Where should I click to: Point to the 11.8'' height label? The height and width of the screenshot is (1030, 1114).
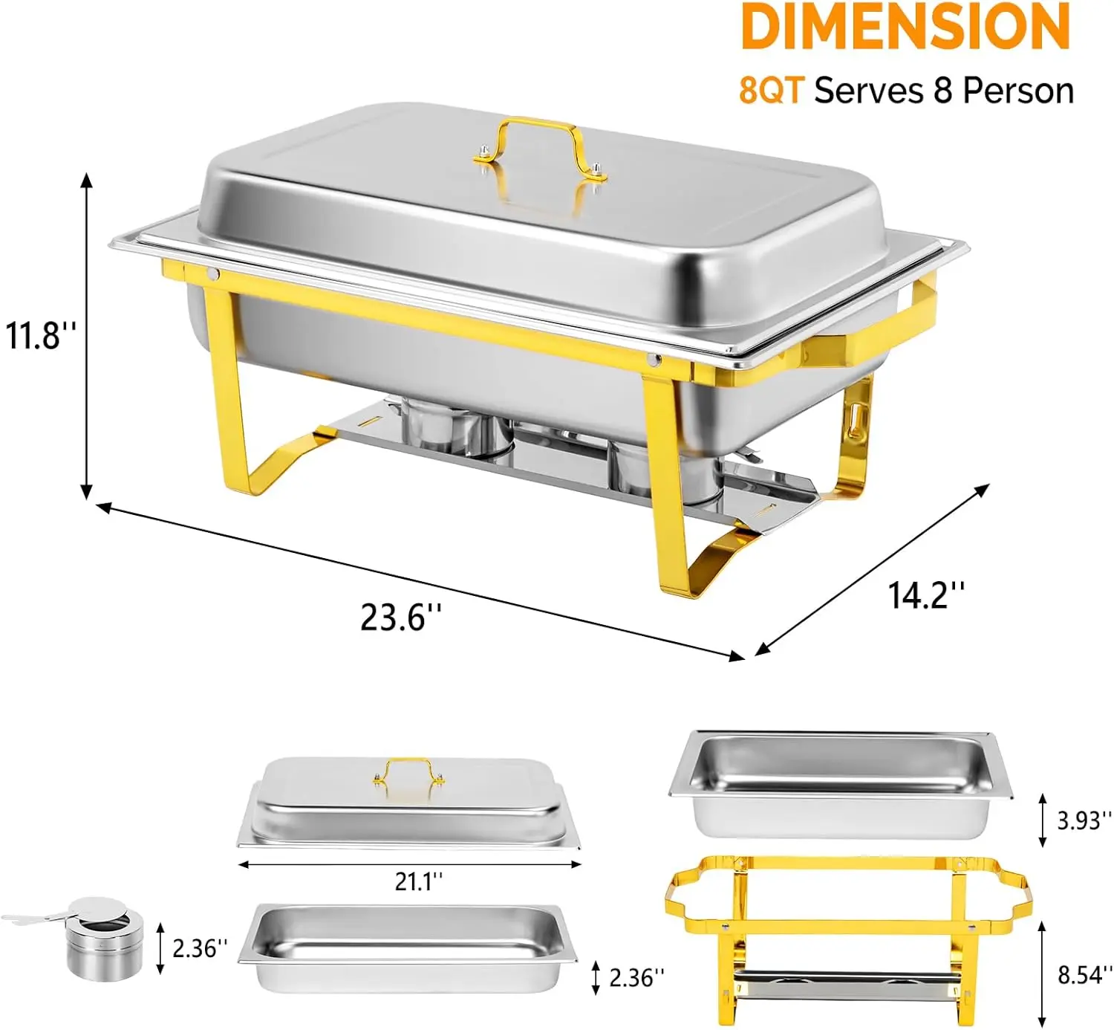click(39, 335)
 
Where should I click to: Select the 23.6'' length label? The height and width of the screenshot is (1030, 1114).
click(400, 617)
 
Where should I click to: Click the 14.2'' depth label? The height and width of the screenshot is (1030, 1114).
click(926, 595)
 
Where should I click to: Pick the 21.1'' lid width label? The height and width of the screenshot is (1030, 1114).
click(418, 881)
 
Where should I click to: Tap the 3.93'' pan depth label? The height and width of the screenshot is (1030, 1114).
click(1084, 820)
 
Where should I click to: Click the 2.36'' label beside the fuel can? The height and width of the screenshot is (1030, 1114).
click(200, 948)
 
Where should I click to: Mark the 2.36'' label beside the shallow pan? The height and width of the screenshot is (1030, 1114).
click(636, 978)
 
